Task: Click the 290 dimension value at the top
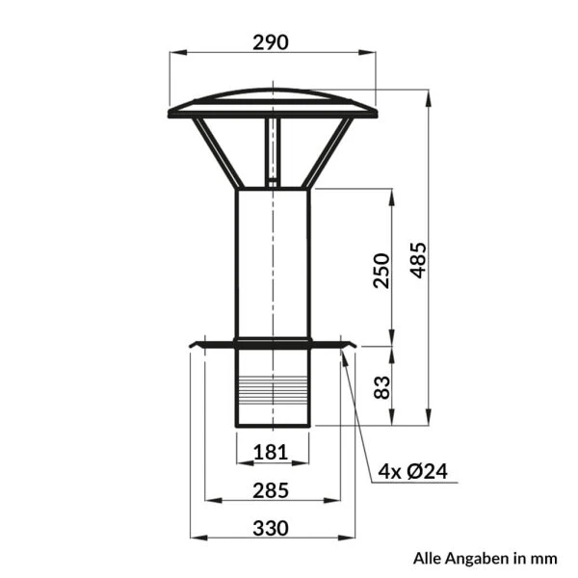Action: click(271, 42)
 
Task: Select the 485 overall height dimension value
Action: click(419, 260)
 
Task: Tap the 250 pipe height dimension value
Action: click(381, 270)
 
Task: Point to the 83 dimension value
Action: click(381, 387)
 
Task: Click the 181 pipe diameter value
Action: click(271, 452)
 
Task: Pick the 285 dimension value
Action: click(271, 490)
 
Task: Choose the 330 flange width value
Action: click(271, 528)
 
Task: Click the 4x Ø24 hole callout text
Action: click(413, 471)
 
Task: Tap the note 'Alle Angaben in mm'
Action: click(486, 558)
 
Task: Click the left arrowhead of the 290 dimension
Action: click(178, 53)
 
